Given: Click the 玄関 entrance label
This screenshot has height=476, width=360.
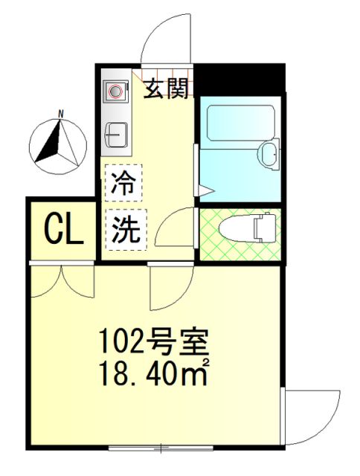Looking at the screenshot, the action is pos(166,89).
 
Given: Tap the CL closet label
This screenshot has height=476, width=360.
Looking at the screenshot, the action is pos(64,230).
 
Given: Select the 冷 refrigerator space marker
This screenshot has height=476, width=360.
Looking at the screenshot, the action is pos(123,183).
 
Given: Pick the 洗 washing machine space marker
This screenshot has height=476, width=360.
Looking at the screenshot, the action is pos(126,230).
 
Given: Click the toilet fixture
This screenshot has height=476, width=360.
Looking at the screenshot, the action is pos(247,228).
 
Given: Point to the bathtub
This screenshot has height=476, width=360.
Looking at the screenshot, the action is pos(241,123).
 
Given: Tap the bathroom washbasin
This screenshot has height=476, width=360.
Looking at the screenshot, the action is pos(269,155).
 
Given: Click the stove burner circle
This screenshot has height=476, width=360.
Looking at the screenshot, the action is pos(115,91).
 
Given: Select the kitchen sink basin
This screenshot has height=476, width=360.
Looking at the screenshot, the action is pos(116,135).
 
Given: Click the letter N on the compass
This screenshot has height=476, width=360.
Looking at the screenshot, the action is pos(61,115).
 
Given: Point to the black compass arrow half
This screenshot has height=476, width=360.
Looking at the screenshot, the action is pos(48,142).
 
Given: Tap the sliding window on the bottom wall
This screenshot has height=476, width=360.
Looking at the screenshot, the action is pos(161,448).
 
